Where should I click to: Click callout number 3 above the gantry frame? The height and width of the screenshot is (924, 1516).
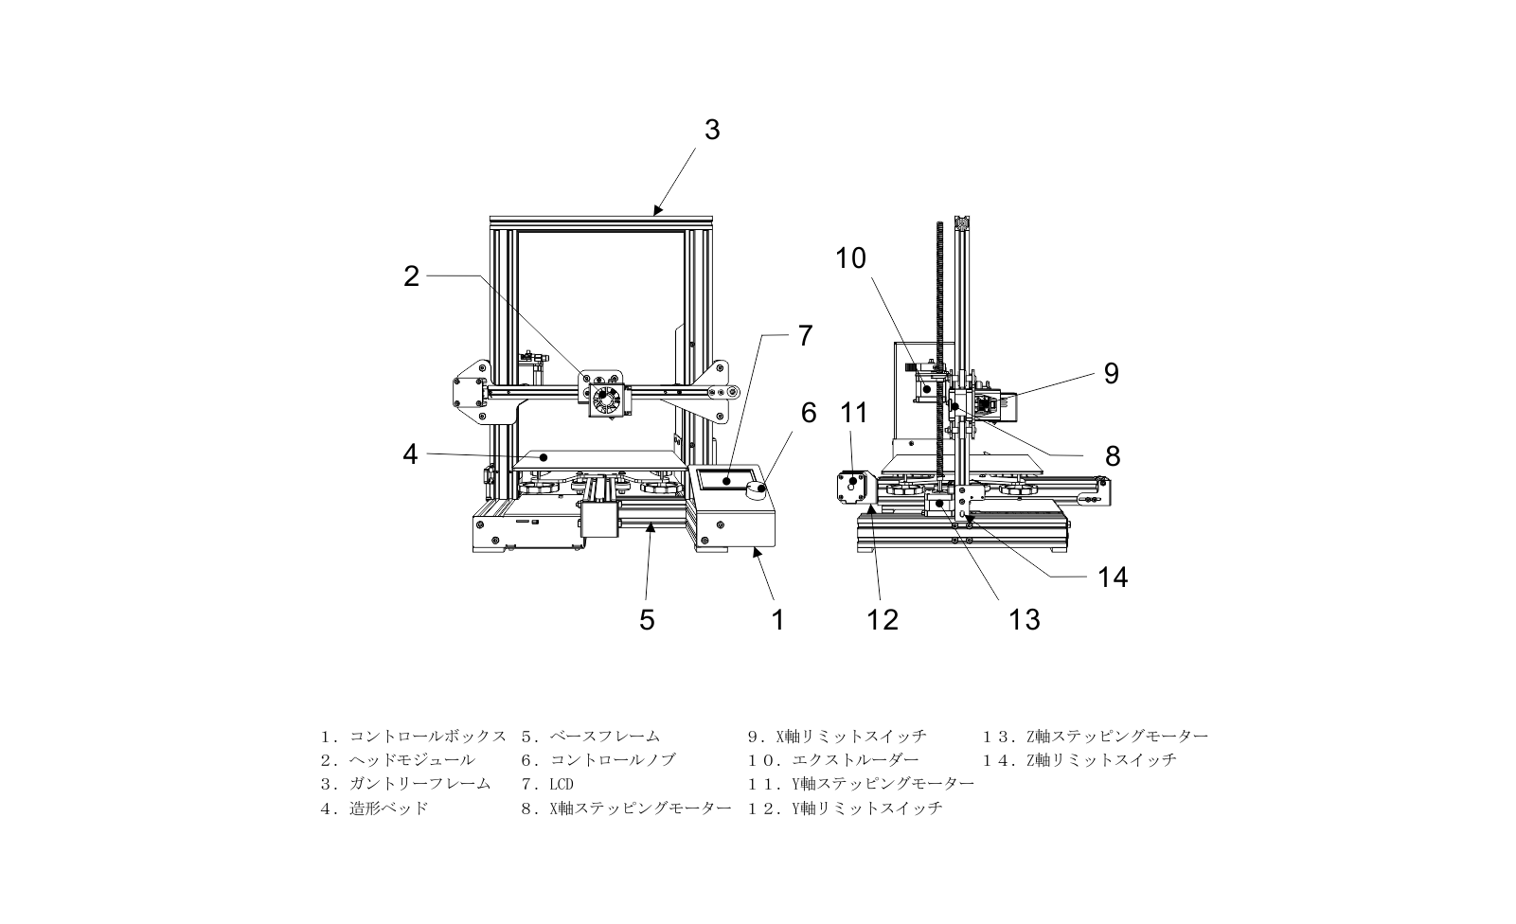pos(712,130)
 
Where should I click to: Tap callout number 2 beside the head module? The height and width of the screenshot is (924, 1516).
pos(411,275)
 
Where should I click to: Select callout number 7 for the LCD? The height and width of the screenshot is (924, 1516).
pos(805,335)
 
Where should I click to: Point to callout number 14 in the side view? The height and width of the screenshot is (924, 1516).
pos(1113,577)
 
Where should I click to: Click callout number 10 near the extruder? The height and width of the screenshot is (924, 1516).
pos(850,258)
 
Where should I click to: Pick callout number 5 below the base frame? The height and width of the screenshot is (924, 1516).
pos(647,619)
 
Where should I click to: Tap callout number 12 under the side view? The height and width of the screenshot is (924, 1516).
pos(882,619)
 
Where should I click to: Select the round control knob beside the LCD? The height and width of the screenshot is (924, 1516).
pos(758,489)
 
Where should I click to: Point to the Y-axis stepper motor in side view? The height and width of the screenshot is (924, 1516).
pos(850,488)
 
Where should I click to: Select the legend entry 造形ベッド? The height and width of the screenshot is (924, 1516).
pos(388,808)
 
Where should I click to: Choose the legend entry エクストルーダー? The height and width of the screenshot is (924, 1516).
pos(847,759)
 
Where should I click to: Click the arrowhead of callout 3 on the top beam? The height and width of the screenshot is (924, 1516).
pos(655,212)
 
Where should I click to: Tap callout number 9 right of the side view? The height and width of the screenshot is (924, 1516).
pos(1111,373)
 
